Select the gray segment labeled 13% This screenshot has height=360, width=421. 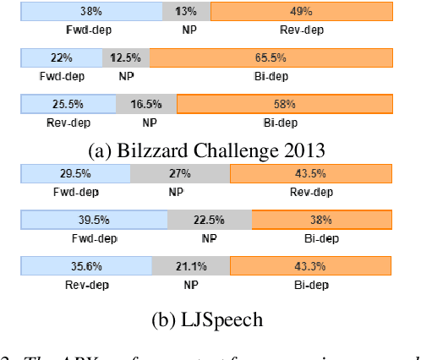point(186,12)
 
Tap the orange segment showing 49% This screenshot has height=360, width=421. point(302,12)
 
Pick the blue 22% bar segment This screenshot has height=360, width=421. point(62,58)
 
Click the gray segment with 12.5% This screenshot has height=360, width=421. point(127,58)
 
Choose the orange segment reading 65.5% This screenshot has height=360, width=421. point(271,58)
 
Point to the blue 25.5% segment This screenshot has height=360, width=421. point(68,104)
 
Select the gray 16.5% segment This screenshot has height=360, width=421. point(147,104)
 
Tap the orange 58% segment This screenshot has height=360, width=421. point(285,104)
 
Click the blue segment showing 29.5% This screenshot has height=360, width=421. point(75,173)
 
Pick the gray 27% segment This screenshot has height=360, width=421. point(179,173)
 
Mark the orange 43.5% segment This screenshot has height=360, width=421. point(311,173)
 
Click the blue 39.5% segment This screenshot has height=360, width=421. point(94,220)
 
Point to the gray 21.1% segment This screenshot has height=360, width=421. point(191,265)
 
